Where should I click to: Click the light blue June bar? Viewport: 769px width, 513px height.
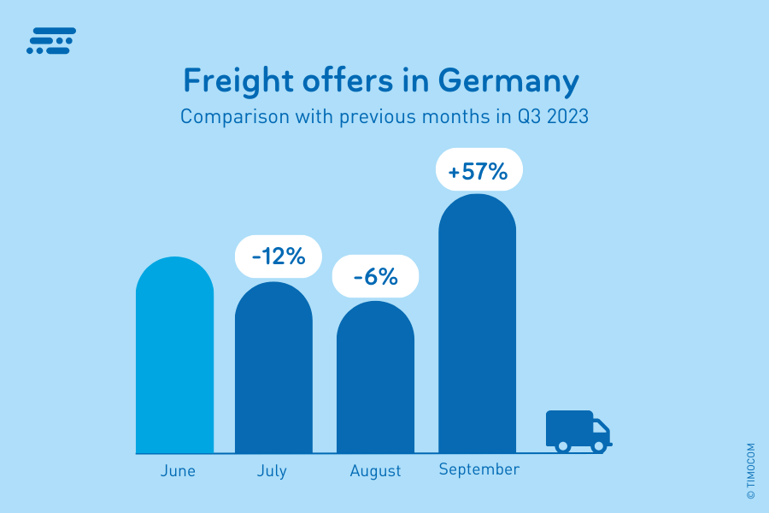pyautogui.click(x=174, y=359)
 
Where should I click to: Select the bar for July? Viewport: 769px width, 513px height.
pyautogui.click(x=273, y=372)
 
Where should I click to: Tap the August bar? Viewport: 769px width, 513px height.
pyautogui.click(x=375, y=380)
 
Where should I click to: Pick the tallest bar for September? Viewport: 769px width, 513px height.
pyautogui.click(x=477, y=329)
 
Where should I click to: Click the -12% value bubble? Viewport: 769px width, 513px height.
pyautogui.click(x=278, y=256)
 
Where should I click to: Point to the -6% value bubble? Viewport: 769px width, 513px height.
pyautogui.click(x=375, y=277)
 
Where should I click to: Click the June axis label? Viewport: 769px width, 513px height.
pyautogui.click(x=178, y=471)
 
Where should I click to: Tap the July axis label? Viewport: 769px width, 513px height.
pyautogui.click(x=272, y=471)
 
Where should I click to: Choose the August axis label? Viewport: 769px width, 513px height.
pyautogui.click(x=375, y=471)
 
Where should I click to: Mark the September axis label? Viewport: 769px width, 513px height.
pyautogui.click(x=478, y=469)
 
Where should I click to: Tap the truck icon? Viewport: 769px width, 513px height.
pyautogui.click(x=578, y=430)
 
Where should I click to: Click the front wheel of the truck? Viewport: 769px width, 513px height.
pyautogui.click(x=598, y=445)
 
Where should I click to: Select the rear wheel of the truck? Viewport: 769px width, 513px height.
pyautogui.click(x=562, y=445)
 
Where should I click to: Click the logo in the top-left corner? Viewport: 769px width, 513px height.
pyautogui.click(x=51, y=40)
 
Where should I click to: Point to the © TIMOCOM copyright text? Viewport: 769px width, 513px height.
pyautogui.click(x=750, y=471)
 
